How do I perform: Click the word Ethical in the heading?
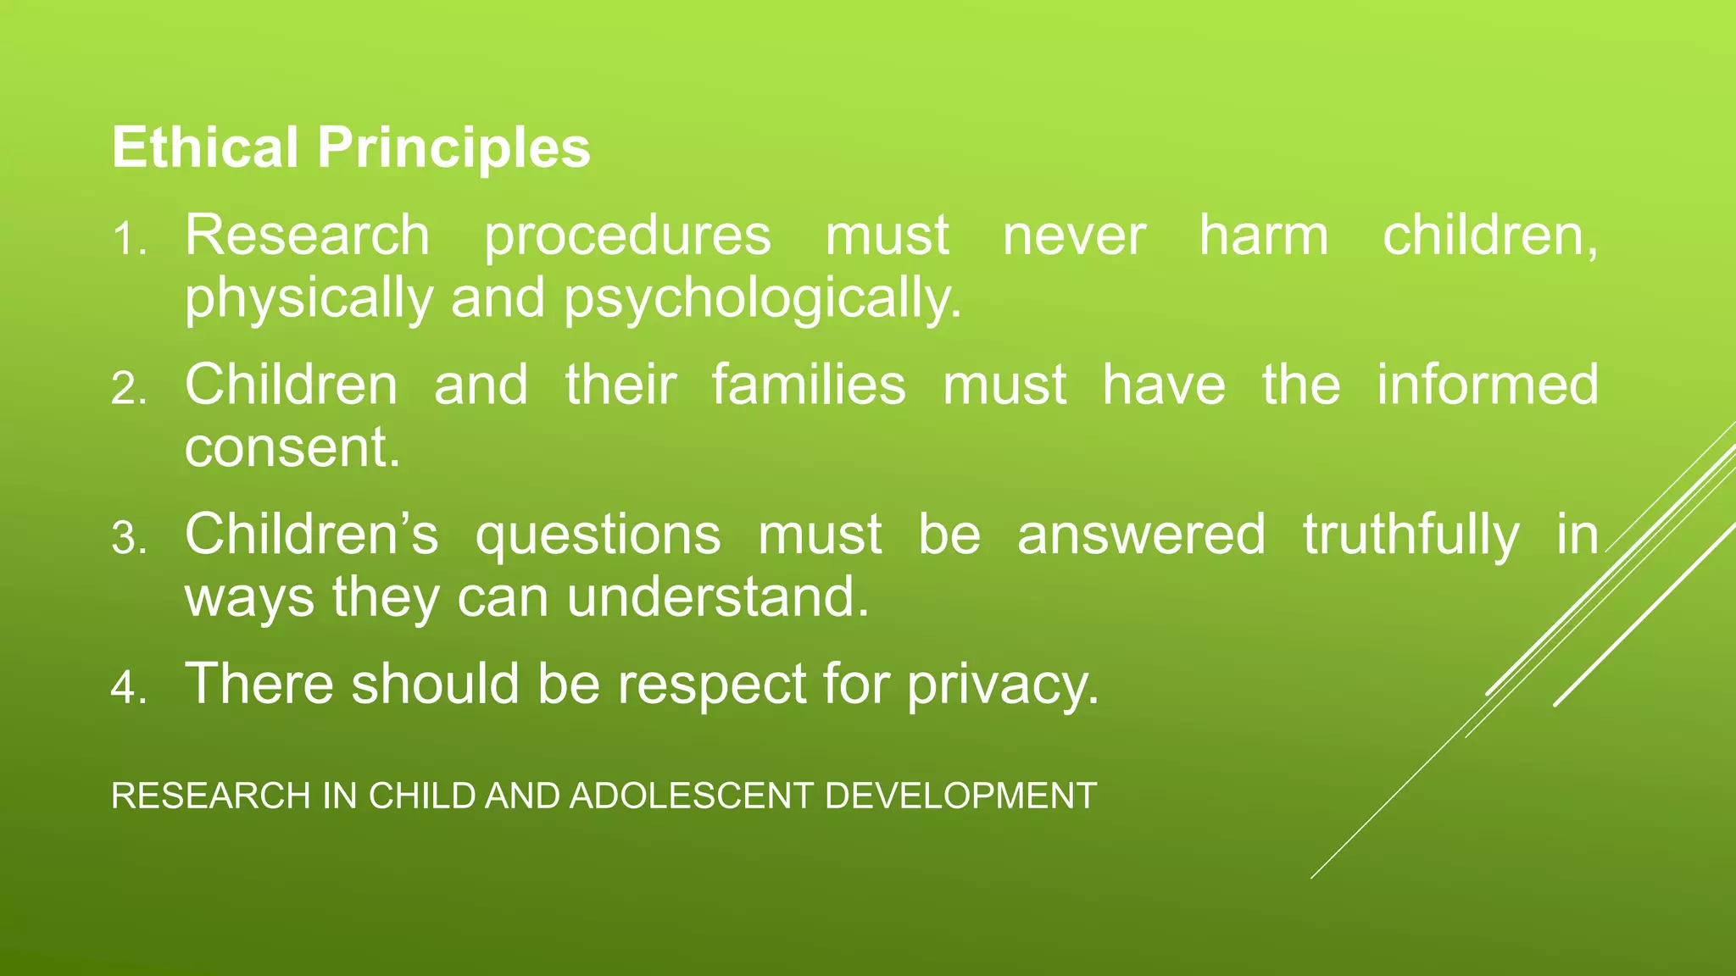204,148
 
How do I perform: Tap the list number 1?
128,240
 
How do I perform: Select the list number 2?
128,390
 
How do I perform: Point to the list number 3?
128,539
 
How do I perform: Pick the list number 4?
128,688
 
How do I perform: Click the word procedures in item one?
627,237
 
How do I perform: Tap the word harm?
1263,236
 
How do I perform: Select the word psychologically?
763,300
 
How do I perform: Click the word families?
809,385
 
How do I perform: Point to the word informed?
1488,385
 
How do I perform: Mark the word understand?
718,598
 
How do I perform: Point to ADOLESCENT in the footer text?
693,796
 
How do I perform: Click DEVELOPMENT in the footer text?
960,796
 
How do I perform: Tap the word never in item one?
1074,237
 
